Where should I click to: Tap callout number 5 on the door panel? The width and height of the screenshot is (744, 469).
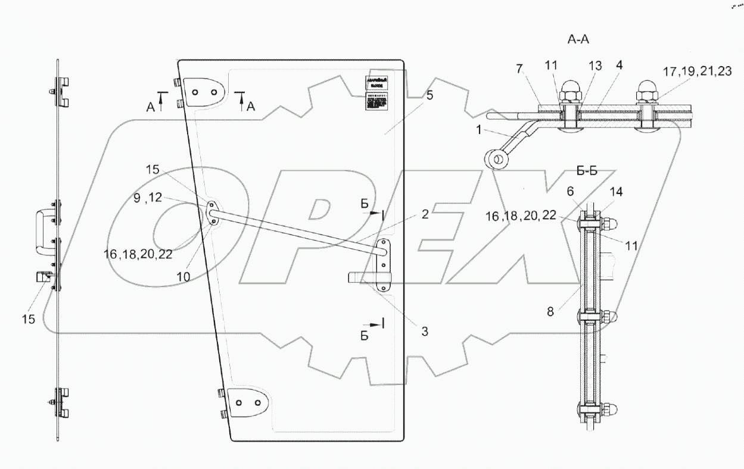(x=430, y=95)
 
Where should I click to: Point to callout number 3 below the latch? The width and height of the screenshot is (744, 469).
(x=424, y=331)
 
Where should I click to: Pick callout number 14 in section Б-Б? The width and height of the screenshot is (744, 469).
(x=617, y=192)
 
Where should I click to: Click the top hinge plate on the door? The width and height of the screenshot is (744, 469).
(x=205, y=92)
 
